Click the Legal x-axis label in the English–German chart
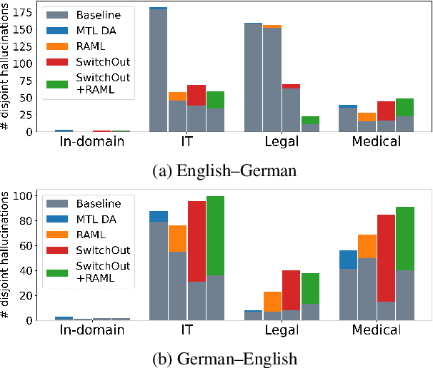pyautogui.click(x=272, y=143)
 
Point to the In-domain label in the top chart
pyautogui.click(x=92, y=143)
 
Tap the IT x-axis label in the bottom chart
pyautogui.click(x=186, y=331)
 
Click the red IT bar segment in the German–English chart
pyautogui.click(x=196, y=241)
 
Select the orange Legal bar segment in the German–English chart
pyautogui.click(x=272, y=302)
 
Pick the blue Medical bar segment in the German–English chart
pyautogui.click(x=348, y=260)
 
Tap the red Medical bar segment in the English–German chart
pyautogui.click(x=387, y=111)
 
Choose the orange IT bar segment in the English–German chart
pyautogui.click(x=177, y=96)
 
